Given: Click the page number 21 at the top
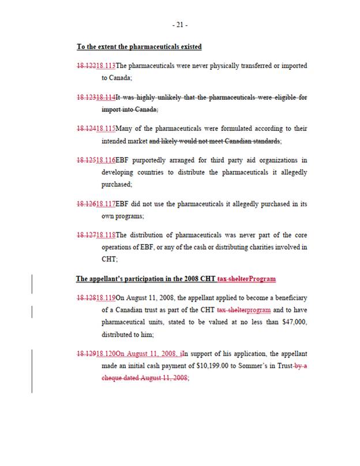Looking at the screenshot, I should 180,25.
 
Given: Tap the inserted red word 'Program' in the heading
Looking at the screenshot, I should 262,279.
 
